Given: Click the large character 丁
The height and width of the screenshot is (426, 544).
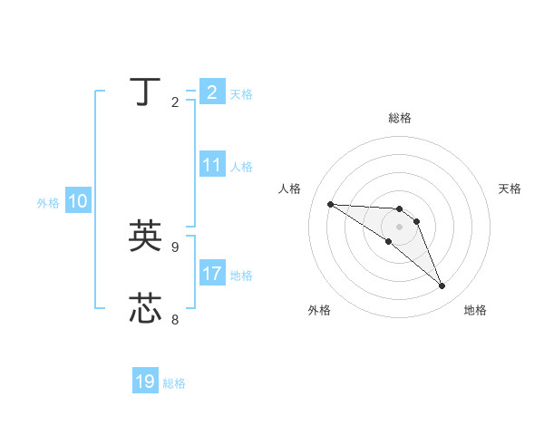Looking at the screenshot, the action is coord(145,92).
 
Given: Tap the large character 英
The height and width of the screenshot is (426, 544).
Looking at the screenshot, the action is coord(145,237).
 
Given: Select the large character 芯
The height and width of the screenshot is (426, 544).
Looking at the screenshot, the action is coord(145,308).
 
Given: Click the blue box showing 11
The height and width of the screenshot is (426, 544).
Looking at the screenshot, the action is coord(212,165).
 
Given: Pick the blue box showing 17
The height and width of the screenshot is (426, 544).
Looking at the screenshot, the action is coord(212,274).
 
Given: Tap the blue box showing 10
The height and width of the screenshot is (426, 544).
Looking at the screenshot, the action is coord(78,202).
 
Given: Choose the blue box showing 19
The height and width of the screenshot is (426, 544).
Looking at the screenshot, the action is coord(145,382).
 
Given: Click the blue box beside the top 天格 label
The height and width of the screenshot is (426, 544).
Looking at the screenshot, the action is coord(212,92).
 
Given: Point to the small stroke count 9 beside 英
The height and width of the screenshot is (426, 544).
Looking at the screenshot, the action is coord(175,247).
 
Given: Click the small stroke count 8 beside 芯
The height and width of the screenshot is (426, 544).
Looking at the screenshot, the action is coord(175,319).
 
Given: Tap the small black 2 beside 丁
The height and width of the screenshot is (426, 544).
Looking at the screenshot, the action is coord(175,102).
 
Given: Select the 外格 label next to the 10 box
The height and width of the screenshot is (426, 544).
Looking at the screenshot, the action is coord(48,203).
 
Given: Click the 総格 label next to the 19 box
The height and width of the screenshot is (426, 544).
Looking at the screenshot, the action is coord(174,383).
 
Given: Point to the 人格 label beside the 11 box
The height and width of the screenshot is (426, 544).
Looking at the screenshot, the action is coord(241,167).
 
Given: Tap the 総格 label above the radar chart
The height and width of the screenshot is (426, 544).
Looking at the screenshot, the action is coord(399,118).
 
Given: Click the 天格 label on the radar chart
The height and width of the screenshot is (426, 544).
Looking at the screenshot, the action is coord(510,189).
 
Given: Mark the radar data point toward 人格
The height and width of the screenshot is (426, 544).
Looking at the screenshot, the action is coord(330,204).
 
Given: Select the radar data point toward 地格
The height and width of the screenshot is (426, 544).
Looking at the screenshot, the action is coord(442,286).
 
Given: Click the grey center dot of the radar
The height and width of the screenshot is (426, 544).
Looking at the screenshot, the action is coord(399,227).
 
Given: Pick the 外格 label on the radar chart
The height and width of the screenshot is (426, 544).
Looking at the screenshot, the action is coord(319,310).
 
